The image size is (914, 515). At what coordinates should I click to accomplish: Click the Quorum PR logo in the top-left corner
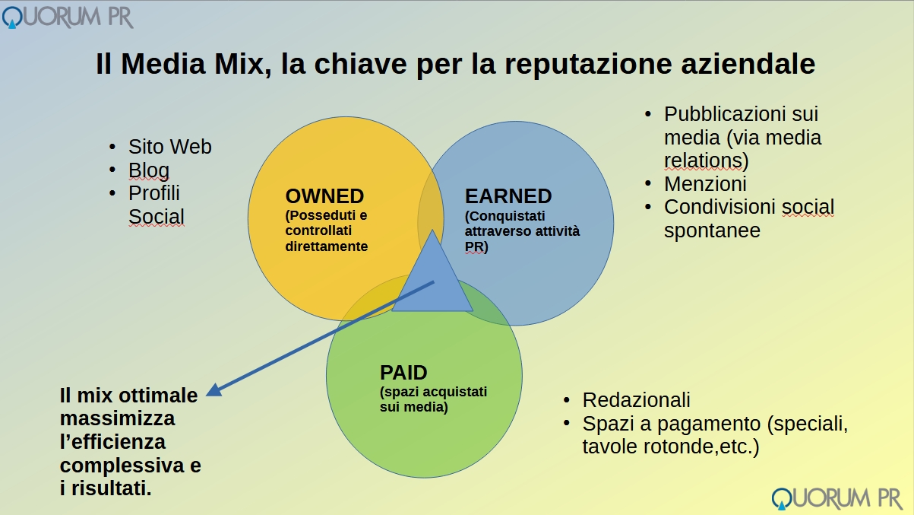click(68, 17)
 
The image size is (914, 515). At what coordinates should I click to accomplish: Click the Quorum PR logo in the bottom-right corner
click(837, 499)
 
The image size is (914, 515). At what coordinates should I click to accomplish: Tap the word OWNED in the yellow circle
click(324, 196)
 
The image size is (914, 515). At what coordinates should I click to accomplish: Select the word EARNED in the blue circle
click(508, 196)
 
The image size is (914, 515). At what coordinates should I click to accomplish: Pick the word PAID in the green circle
click(403, 373)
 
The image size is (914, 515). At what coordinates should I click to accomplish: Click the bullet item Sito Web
click(169, 147)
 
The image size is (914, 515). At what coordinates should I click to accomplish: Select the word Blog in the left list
click(148, 170)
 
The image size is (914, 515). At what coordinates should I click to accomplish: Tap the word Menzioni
click(705, 184)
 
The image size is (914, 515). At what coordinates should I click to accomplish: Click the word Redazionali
click(636, 400)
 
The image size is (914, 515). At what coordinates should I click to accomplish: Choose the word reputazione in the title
click(588, 64)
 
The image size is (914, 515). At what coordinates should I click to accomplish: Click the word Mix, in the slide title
click(243, 64)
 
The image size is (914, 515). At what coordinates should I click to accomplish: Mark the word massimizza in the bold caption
click(117, 418)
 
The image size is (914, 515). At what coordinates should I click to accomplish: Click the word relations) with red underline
click(707, 161)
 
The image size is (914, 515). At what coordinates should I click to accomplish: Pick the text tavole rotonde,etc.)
click(670, 447)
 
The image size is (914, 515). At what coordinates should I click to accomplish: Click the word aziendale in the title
click(748, 64)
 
